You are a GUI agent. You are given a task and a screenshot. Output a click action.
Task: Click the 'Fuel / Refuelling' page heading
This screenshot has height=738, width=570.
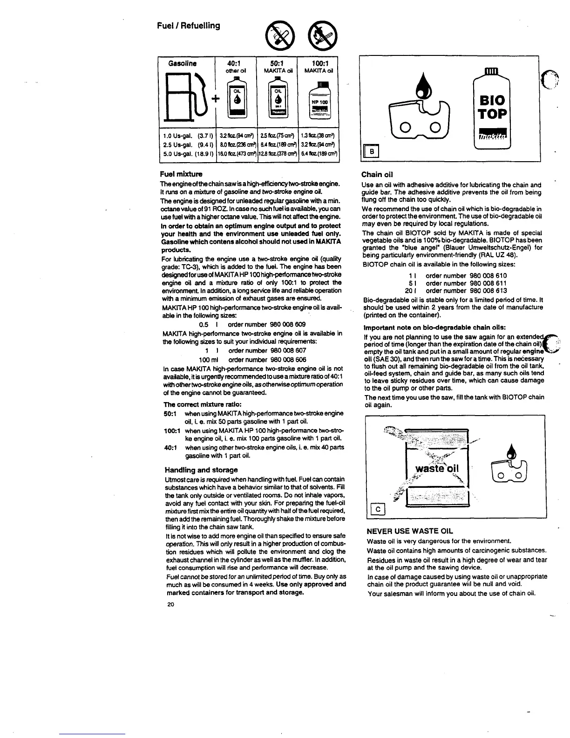[x=191, y=26]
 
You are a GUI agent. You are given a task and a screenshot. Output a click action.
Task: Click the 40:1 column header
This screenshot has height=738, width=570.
[x=236, y=63]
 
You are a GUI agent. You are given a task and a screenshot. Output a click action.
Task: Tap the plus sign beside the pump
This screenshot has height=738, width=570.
[x=215, y=99]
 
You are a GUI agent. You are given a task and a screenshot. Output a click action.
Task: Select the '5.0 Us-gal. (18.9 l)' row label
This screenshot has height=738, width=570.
[x=185, y=152]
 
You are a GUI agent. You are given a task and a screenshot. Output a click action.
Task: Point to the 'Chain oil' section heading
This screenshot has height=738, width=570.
[x=377, y=175]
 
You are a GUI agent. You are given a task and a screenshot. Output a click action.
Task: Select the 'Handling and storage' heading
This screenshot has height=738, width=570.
[x=201, y=470]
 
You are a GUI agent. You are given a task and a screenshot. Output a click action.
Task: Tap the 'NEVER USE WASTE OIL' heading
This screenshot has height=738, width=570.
[x=410, y=531]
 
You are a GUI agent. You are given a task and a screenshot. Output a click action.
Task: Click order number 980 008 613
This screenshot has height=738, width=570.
[x=473, y=290]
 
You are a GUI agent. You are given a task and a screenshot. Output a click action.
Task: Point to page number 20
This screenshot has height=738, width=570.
[x=170, y=604]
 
